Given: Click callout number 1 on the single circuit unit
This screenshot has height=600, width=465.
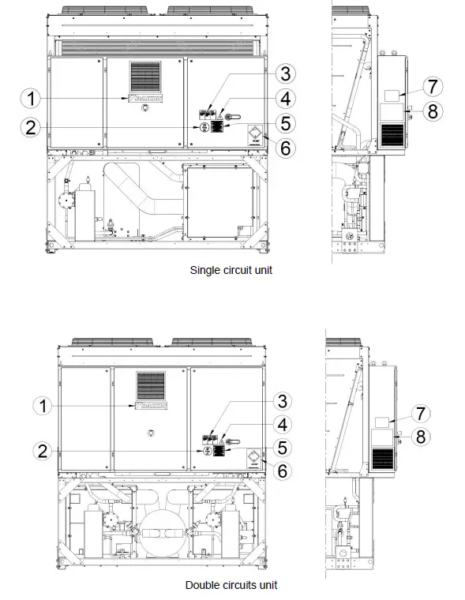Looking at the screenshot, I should tap(32, 99).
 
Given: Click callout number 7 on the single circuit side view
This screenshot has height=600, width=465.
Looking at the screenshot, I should tap(431, 84).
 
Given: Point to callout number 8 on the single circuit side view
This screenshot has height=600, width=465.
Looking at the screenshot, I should tap(431, 111).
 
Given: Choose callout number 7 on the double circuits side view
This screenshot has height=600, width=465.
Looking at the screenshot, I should tap(422, 413).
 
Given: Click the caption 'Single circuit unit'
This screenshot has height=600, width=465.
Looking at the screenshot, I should tap(232, 270).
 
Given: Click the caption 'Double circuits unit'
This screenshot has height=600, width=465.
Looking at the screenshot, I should tap(231, 585).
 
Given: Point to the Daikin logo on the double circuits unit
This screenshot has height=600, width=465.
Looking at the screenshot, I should tap(150, 405).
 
